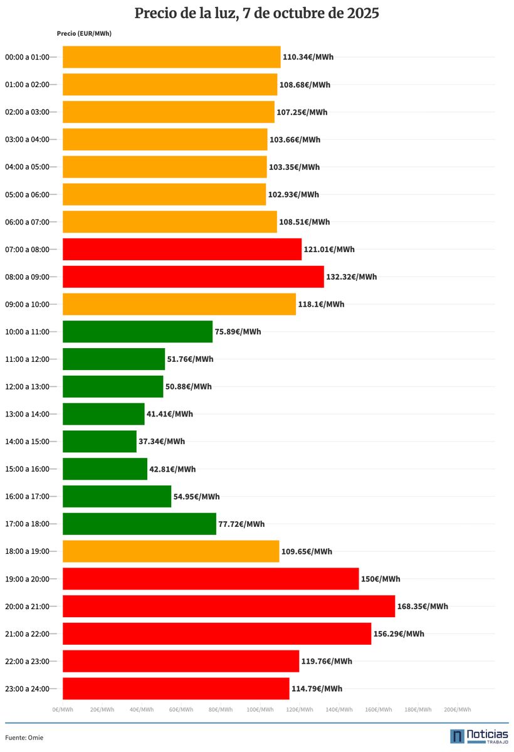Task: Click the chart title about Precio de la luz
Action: click(x=257, y=13)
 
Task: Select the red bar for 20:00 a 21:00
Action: click(x=229, y=606)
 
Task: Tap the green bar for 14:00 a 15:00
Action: click(x=100, y=442)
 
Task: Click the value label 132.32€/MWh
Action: click(x=352, y=277)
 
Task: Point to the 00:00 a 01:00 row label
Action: click(x=27, y=57)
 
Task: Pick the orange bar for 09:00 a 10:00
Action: click(x=179, y=304)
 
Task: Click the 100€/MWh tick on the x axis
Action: click(x=260, y=709)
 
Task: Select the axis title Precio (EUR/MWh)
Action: click(x=84, y=33)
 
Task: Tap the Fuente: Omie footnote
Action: click(x=24, y=738)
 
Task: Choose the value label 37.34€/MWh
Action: click(x=162, y=442)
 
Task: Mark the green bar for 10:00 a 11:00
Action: click(x=138, y=332)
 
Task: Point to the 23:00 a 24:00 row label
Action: click(x=27, y=689)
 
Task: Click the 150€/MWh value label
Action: click(x=380, y=579)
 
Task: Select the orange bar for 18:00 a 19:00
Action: click(x=171, y=551)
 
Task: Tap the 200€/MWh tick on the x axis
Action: click(x=457, y=709)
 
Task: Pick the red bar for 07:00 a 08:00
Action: click(x=182, y=250)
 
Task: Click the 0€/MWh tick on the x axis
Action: click(x=63, y=709)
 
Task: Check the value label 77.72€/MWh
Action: click(x=241, y=524)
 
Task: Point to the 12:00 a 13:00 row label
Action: click(x=27, y=387)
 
